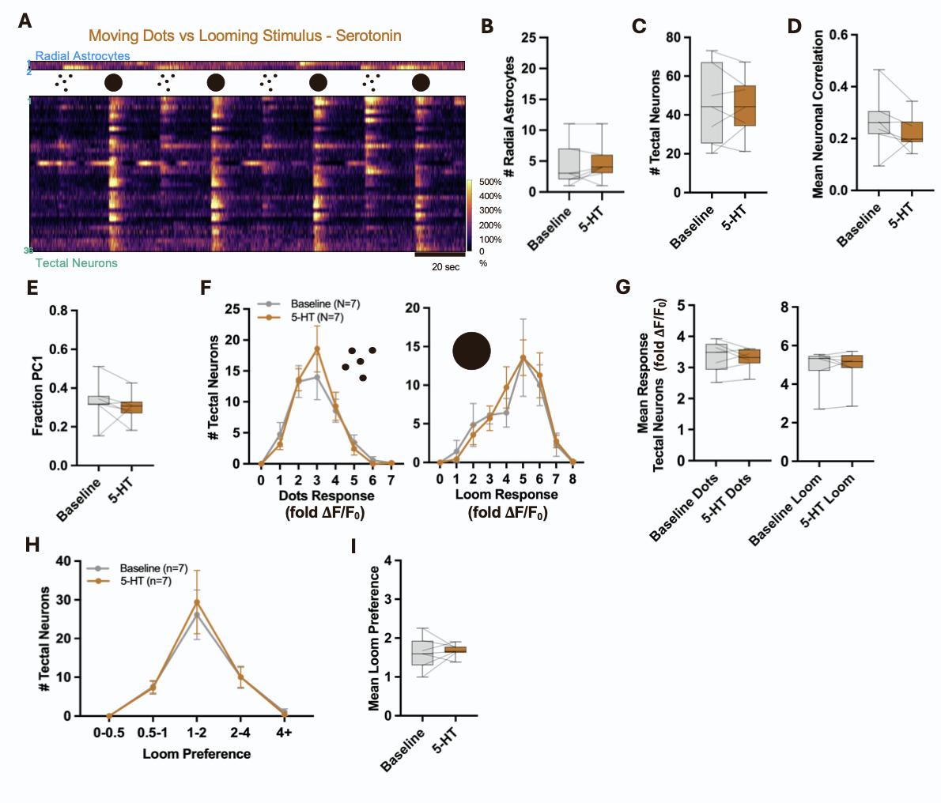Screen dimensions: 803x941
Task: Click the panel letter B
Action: tap(487, 26)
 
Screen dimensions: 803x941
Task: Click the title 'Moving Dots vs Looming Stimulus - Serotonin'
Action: tap(244, 36)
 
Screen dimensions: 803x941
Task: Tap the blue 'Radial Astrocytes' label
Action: tap(82, 56)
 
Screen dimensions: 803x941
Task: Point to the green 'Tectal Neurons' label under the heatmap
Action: tap(76, 263)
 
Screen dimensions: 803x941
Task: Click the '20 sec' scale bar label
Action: tap(445, 266)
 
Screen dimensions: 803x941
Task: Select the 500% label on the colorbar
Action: tap(489, 182)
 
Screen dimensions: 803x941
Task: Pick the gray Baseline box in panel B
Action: tap(569, 164)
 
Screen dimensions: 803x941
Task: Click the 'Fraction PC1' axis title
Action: tap(38, 387)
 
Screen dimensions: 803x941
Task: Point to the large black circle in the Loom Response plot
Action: tap(472, 351)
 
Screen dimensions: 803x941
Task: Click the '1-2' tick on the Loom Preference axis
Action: tap(196, 733)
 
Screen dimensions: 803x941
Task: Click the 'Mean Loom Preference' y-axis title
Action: tap(375, 638)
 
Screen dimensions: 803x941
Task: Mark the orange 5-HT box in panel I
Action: tap(455, 649)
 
